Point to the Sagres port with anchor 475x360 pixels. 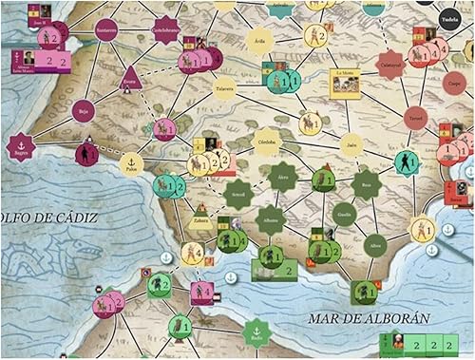click(x=19, y=145)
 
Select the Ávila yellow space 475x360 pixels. click(x=259, y=41)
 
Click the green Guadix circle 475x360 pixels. click(x=344, y=215)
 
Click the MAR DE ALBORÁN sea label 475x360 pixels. click(x=374, y=318)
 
